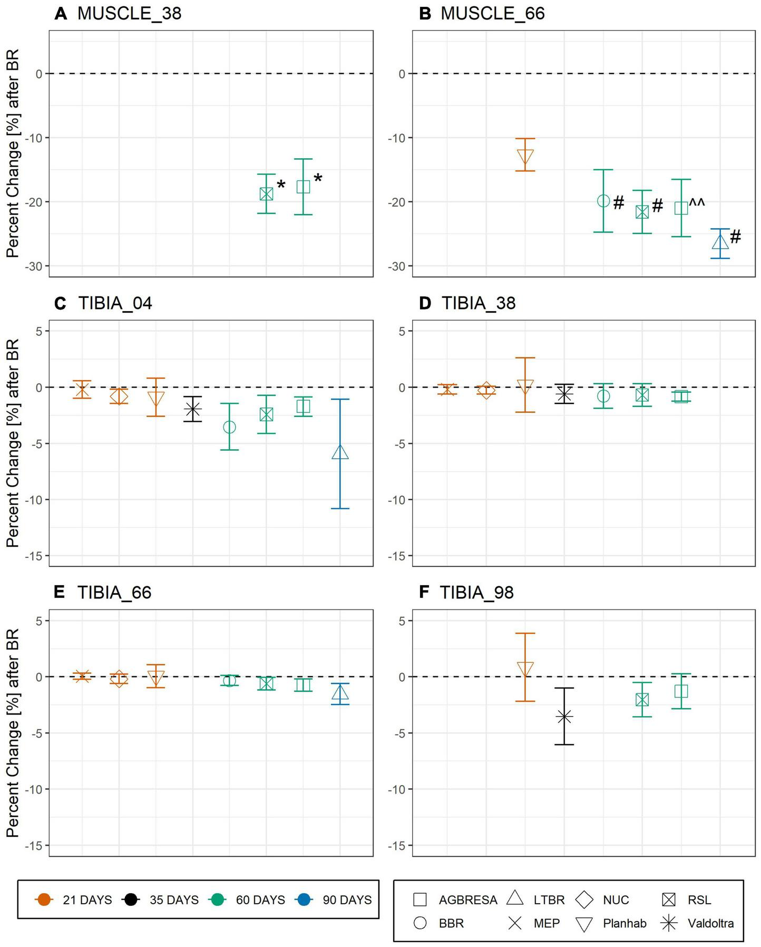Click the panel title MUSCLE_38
(129, 13)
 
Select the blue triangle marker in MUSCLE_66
(720, 241)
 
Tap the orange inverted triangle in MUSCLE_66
(525, 157)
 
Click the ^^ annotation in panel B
(697, 202)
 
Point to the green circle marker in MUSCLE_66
(603, 201)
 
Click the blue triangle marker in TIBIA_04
(340, 452)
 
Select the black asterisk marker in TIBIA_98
(564, 717)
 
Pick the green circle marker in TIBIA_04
(229, 427)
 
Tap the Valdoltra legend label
(710, 923)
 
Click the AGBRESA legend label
(467, 900)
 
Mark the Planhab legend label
(624, 923)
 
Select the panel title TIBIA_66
(114, 593)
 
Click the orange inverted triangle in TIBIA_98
(525, 669)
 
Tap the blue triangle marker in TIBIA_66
(340, 693)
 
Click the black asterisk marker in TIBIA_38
(564, 393)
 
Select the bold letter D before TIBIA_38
(424, 303)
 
